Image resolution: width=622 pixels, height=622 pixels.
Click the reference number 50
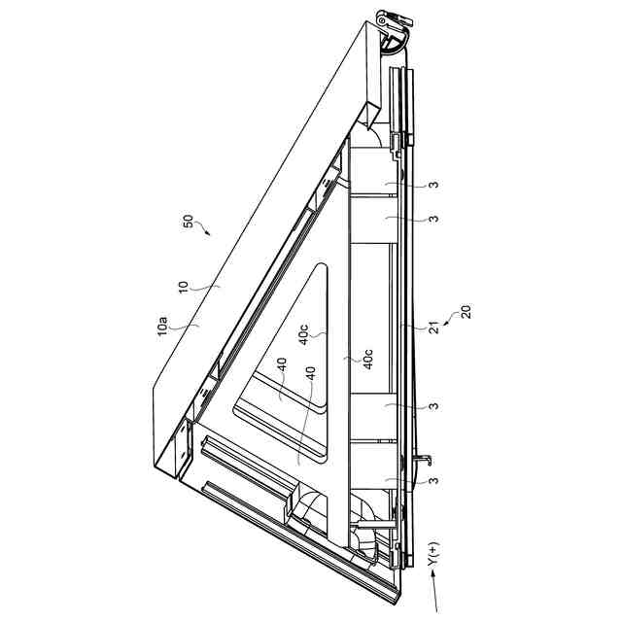(189, 221)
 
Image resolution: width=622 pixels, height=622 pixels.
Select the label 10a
(163, 327)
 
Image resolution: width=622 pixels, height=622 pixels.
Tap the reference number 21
(434, 328)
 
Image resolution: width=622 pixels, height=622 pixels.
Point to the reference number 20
(466, 311)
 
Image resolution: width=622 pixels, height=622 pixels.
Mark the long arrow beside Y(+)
(434, 592)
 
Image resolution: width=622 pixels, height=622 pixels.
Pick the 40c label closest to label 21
(367, 360)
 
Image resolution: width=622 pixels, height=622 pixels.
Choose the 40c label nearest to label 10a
(304, 334)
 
